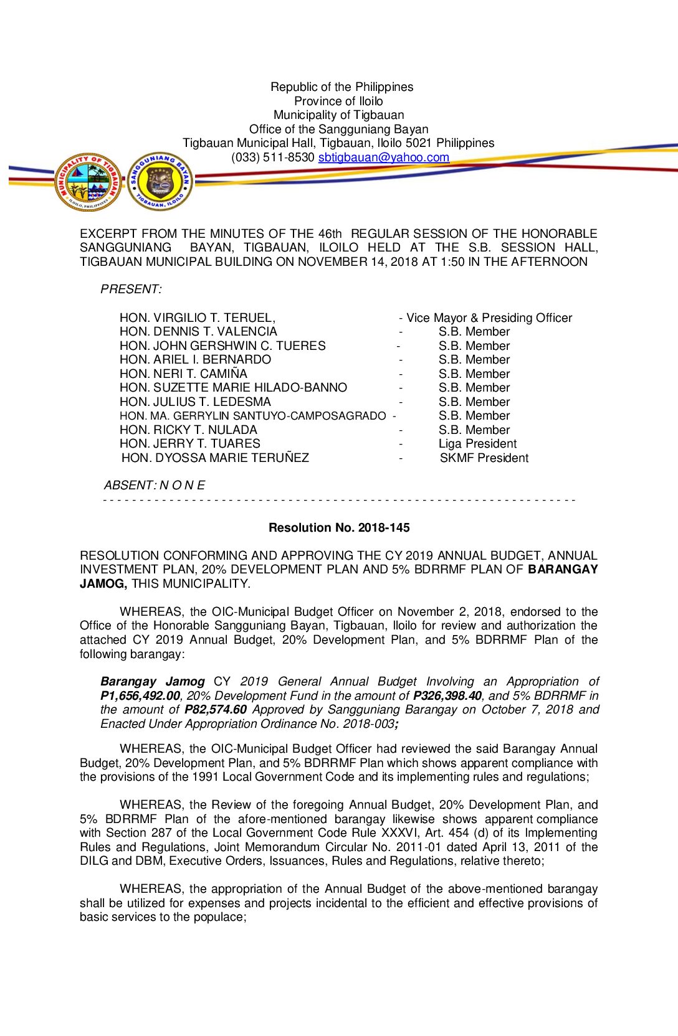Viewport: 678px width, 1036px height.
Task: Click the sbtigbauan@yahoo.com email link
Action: (383, 158)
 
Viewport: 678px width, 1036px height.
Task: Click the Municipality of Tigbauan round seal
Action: (88, 182)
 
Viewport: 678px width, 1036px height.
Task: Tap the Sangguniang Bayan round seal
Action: (160, 182)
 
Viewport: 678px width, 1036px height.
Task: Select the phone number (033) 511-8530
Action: (272, 158)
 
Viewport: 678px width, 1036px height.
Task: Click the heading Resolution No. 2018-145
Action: (339, 528)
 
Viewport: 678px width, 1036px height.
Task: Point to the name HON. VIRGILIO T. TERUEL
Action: (197, 318)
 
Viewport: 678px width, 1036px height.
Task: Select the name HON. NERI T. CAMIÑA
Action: (183, 374)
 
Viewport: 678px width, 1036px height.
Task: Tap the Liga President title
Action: (477, 444)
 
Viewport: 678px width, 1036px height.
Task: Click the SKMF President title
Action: (484, 458)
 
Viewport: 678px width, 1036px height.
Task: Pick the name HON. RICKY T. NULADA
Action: (188, 430)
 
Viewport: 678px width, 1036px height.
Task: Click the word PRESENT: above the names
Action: (131, 290)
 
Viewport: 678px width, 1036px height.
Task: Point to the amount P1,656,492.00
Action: (140, 696)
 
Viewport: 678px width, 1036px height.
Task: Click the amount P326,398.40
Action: (447, 696)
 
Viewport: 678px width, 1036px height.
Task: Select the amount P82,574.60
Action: (216, 710)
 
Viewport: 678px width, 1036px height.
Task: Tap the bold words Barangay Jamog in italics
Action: (152, 682)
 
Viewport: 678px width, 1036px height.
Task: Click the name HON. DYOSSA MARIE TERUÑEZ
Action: (215, 458)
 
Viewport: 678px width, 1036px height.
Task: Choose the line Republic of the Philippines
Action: (341, 87)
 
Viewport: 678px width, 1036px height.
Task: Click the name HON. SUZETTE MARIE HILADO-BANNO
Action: (233, 388)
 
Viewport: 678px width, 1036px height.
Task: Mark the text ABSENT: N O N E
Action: (154, 486)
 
